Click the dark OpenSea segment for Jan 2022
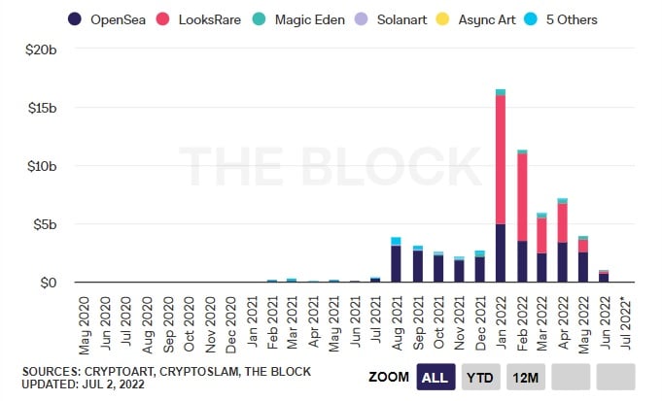500,253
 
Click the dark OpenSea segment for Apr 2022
563,262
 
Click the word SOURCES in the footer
53,371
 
